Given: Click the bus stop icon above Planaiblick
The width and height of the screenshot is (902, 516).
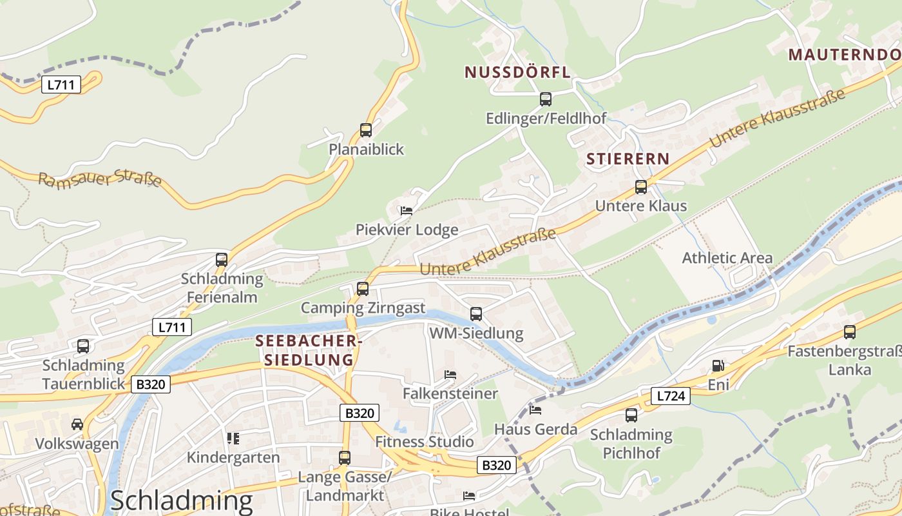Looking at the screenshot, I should point(366,130).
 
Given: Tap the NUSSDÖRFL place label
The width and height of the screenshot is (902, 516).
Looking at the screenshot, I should point(517,72).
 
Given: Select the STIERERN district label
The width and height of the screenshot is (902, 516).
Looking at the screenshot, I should point(628,159).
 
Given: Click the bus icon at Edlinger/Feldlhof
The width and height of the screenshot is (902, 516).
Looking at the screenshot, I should point(546,99).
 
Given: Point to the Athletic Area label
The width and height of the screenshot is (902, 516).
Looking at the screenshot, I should point(727,258).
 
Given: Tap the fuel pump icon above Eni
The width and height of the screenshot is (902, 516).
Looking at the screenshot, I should point(718,366).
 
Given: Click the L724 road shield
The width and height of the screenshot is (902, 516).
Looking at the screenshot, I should point(670,396).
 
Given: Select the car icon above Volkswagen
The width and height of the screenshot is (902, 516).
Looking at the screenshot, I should point(77,424).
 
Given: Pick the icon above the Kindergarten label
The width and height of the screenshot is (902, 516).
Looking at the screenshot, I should point(233,439).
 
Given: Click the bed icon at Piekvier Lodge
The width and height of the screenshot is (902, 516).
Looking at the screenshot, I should point(406,210).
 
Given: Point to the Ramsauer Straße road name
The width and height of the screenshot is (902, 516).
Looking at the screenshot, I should point(100,179).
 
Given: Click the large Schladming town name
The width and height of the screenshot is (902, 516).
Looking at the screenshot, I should point(181,501).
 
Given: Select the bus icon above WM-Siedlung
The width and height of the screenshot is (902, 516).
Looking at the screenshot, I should point(476,314).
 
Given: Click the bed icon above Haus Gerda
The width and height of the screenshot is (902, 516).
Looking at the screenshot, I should point(535,410).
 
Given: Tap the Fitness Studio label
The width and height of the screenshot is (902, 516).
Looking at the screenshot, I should point(425,442).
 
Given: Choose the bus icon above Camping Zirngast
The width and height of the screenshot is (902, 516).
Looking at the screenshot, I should point(363,288).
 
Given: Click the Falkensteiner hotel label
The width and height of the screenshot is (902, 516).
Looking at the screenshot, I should point(450,393).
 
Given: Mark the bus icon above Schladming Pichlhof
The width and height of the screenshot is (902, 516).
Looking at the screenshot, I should point(631,415).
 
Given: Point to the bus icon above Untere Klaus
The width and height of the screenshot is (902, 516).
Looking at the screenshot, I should point(640,187).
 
